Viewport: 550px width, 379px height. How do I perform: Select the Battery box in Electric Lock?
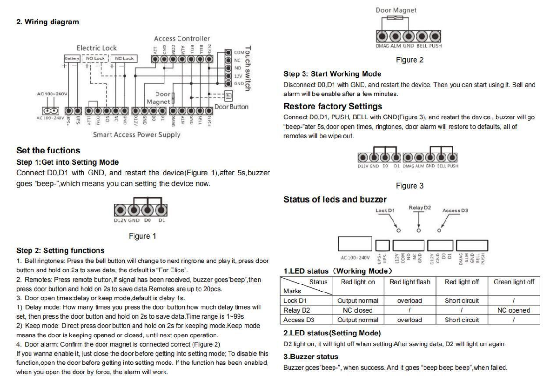click(x=72, y=59)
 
